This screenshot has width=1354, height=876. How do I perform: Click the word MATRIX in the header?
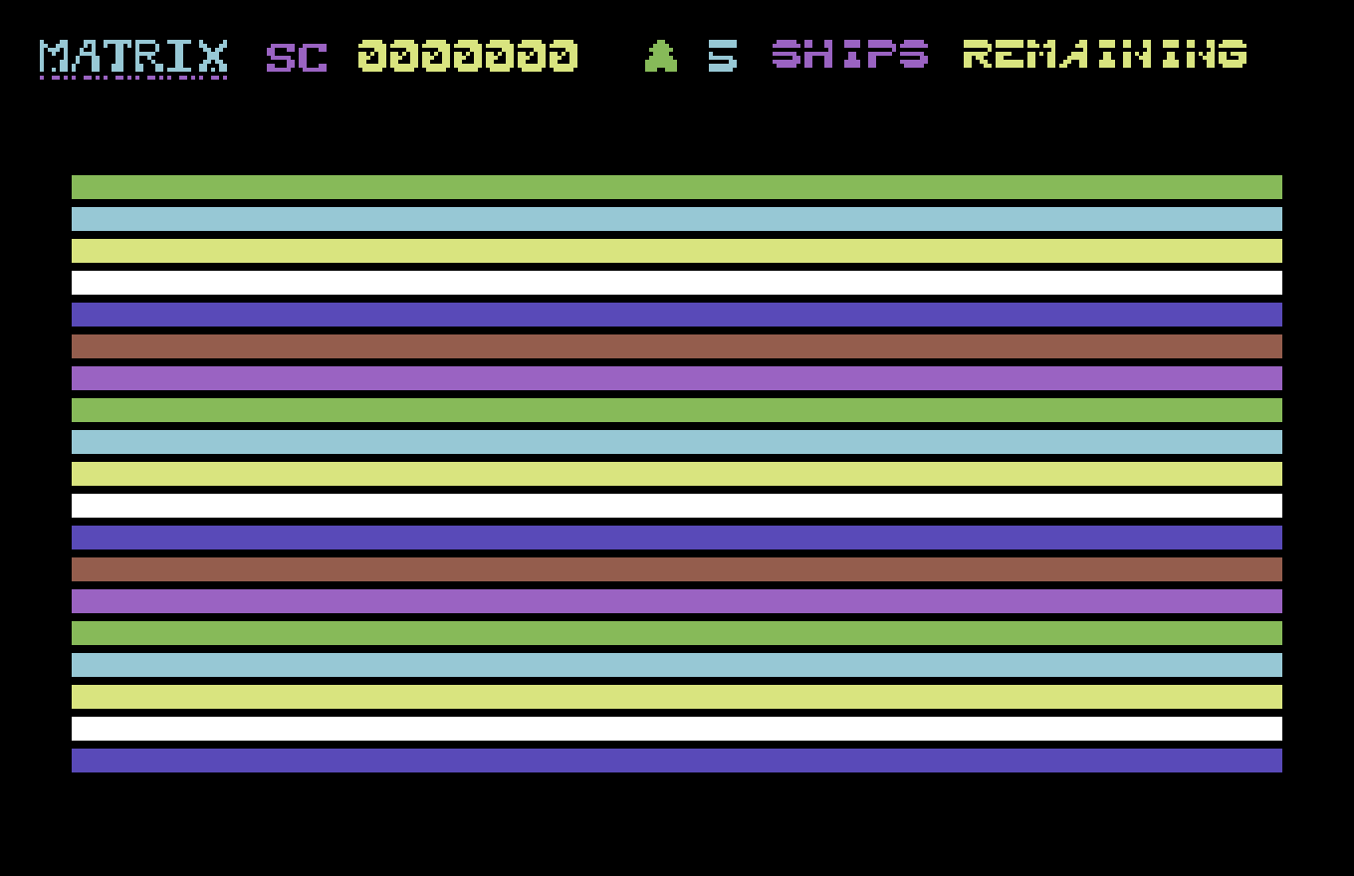click(x=133, y=56)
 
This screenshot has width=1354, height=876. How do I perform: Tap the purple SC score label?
click(x=297, y=58)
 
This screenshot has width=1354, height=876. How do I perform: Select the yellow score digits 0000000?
click(x=468, y=56)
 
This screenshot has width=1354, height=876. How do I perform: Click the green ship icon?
click(x=661, y=56)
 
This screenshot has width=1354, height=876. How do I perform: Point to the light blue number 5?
click(x=723, y=56)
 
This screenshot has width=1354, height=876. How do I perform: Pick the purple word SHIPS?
click(x=850, y=54)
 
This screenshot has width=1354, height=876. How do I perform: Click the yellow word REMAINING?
click(x=1105, y=54)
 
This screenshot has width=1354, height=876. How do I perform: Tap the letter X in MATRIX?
click(x=211, y=56)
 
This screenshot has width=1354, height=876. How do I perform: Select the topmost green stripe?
click(x=677, y=187)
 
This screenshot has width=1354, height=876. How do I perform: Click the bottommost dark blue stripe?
click(x=677, y=760)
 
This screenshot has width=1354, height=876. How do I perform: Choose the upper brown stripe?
click(x=677, y=346)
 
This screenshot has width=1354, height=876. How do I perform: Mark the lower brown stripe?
click(x=677, y=568)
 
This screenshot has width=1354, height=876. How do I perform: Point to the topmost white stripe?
click(x=677, y=283)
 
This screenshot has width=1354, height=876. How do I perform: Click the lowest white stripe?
click(x=677, y=729)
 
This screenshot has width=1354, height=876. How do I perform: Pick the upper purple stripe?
click(x=677, y=378)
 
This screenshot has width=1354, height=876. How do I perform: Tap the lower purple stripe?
click(x=677, y=601)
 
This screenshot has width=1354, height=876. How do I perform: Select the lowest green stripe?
click(x=677, y=633)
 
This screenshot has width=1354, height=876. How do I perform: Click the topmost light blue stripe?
click(x=677, y=219)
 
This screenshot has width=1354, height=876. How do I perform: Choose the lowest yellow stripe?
click(x=677, y=697)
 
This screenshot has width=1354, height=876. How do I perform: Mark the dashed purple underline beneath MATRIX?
click(x=133, y=78)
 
